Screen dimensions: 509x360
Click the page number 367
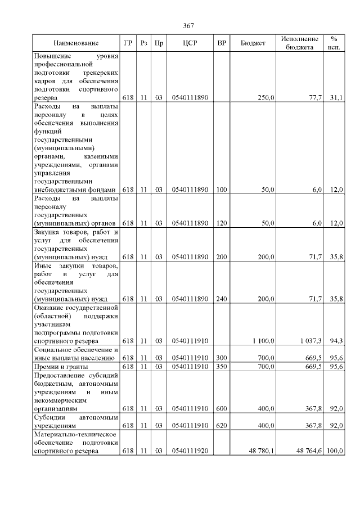coord(188,26)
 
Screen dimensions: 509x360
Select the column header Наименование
coord(76,43)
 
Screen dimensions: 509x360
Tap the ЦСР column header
coord(190,43)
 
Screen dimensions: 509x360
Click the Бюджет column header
coord(253,43)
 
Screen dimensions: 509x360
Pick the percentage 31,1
coord(336,98)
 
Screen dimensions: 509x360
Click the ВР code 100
coord(222,190)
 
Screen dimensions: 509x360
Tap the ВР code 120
coord(222,223)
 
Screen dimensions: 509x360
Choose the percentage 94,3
coord(336,341)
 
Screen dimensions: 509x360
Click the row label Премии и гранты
coord(60,367)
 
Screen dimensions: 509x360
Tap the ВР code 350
coord(222,367)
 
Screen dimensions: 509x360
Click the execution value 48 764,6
coord(309,451)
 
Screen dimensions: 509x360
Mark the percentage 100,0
coord(335,451)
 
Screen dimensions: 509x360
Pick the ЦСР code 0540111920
coord(190,451)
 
